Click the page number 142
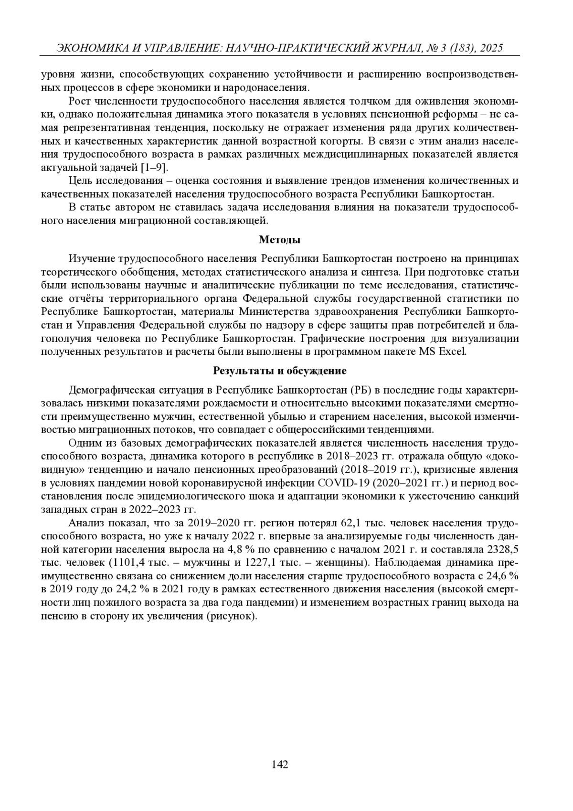click(x=280, y=764)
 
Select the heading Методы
click(x=280, y=240)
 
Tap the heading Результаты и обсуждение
click(x=280, y=371)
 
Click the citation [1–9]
click(x=156, y=168)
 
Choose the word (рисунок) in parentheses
click(x=232, y=616)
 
